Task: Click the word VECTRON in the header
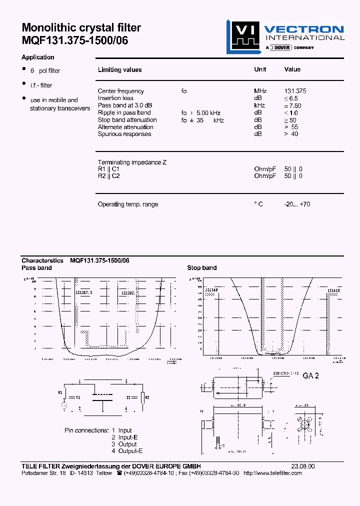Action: coord(303,29)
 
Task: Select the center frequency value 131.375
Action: coord(295,91)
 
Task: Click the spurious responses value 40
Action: coord(294,134)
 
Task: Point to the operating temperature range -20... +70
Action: coord(297,204)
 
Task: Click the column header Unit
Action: coord(260,69)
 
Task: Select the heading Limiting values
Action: coord(119,70)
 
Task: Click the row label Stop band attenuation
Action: coord(127,120)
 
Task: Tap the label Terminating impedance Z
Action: coord(132,162)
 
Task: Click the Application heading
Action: coord(38,57)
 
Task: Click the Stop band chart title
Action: coord(202,268)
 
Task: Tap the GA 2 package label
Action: coord(310,376)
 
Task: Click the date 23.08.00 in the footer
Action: coord(303,466)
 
